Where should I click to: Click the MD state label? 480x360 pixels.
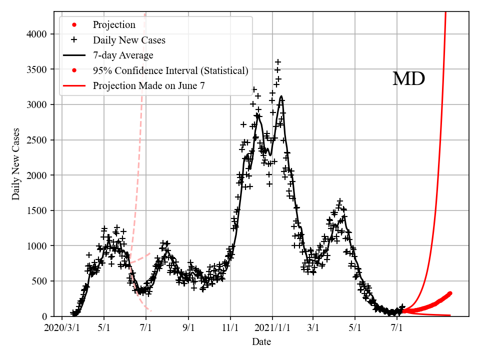[408, 79]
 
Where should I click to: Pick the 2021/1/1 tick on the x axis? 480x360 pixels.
[273, 328]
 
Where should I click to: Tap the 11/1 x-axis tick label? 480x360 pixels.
[230, 328]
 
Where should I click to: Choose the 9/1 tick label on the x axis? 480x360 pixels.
[188, 328]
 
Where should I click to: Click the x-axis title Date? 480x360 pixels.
[261, 342]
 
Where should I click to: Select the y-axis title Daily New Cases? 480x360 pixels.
[16, 164]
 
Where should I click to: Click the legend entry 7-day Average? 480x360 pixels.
[123, 55]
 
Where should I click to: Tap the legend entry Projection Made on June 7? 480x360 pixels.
[148, 86]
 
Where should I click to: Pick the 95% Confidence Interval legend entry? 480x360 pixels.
[170, 70]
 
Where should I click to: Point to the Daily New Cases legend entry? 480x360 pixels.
[129, 40]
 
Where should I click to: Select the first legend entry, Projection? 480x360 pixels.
[114, 24]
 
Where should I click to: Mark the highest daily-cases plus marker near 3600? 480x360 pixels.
[278, 62]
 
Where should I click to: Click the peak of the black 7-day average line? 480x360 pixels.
[281, 96]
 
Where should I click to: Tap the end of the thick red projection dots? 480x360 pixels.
[450, 293]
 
